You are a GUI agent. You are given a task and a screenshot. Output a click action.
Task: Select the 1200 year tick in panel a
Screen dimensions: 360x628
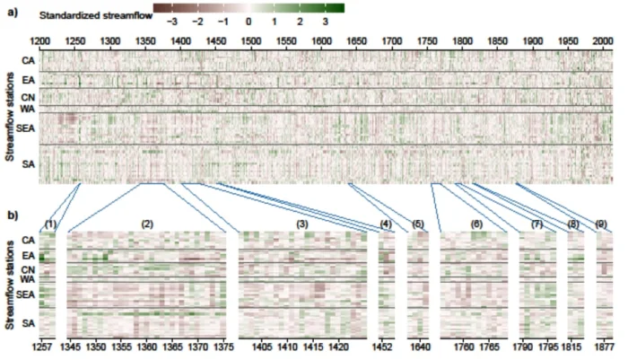point(40,41)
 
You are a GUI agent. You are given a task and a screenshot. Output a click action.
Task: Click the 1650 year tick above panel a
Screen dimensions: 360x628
point(357,41)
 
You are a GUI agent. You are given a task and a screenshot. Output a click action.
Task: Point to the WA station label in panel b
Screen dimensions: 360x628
point(28,279)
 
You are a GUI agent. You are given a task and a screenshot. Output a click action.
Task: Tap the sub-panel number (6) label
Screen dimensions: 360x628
point(475,223)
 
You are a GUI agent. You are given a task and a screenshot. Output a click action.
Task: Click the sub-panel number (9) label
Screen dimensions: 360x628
point(602,223)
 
